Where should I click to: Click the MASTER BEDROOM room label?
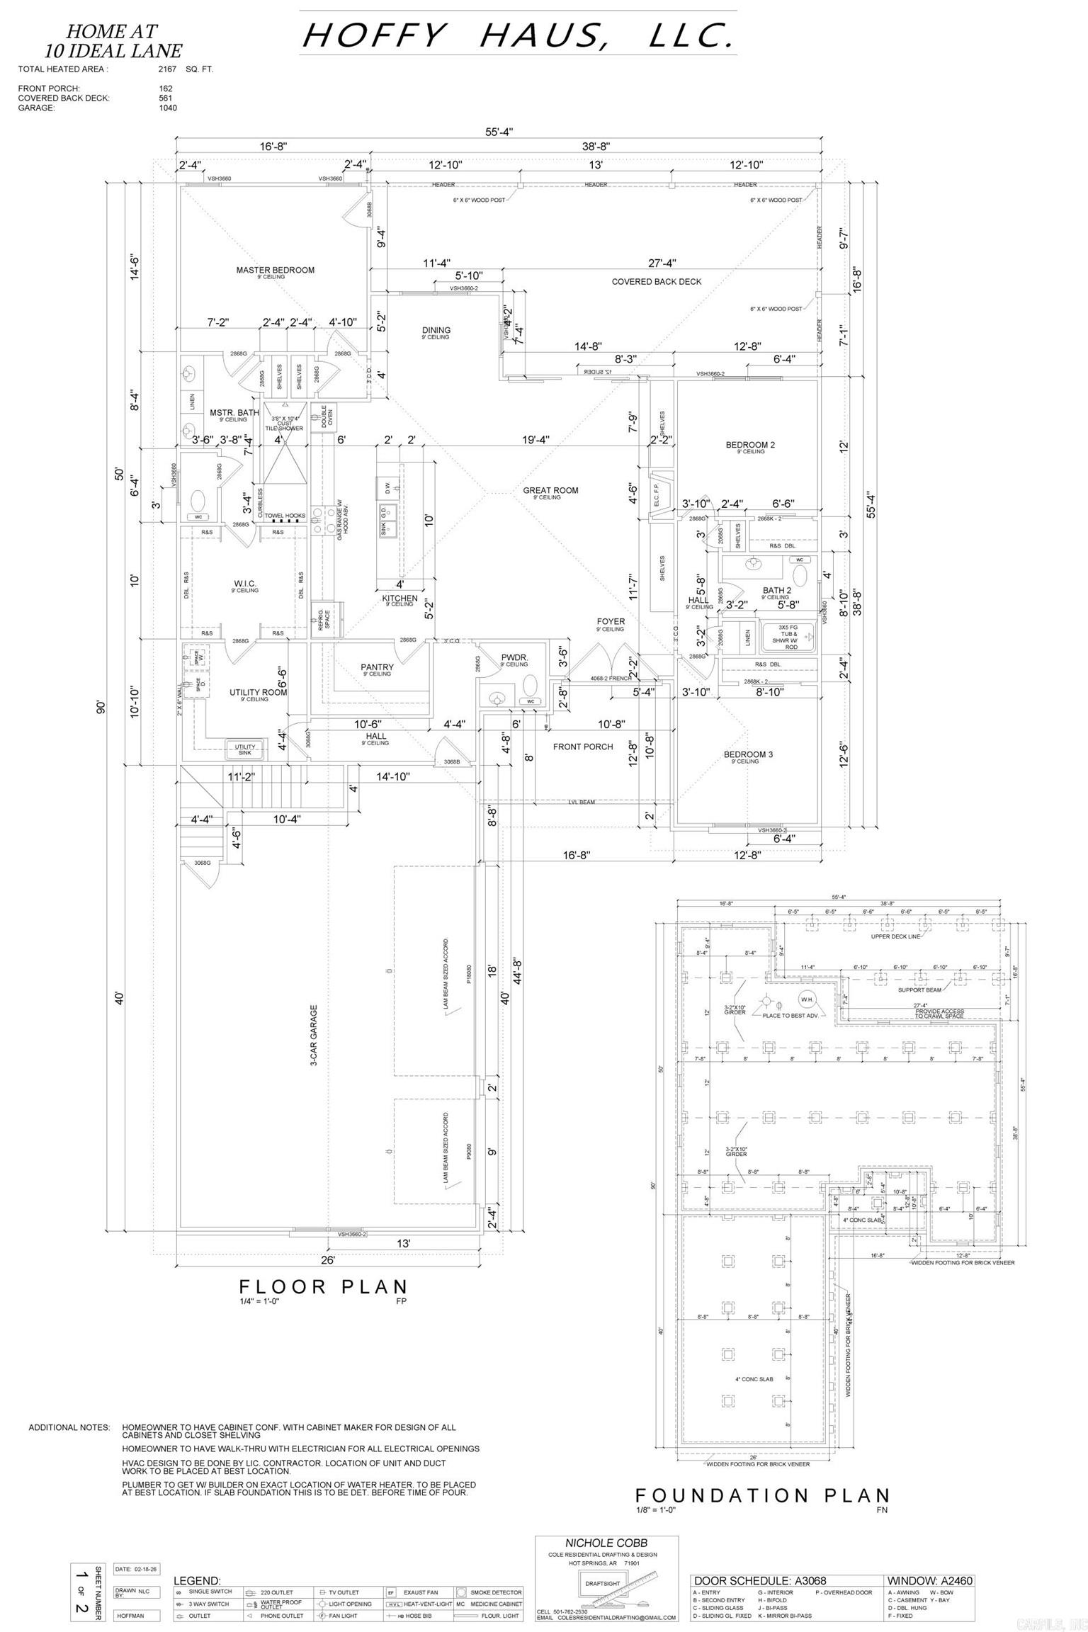[x=275, y=270]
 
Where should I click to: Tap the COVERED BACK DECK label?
[x=656, y=281]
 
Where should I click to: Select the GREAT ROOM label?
[x=550, y=490]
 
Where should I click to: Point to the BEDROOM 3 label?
[x=748, y=754]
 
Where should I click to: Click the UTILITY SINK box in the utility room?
[x=245, y=749]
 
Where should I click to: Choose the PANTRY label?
[x=377, y=667]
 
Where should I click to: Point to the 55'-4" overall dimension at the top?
[x=499, y=132]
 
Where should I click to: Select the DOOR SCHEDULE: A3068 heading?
[x=759, y=1580]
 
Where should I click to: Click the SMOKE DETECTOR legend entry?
[x=495, y=1592]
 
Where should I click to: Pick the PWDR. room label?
[x=514, y=657]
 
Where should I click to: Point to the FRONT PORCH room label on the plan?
[x=583, y=747]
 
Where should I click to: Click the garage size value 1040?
[x=168, y=108]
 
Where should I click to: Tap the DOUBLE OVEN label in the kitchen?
[x=328, y=415]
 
